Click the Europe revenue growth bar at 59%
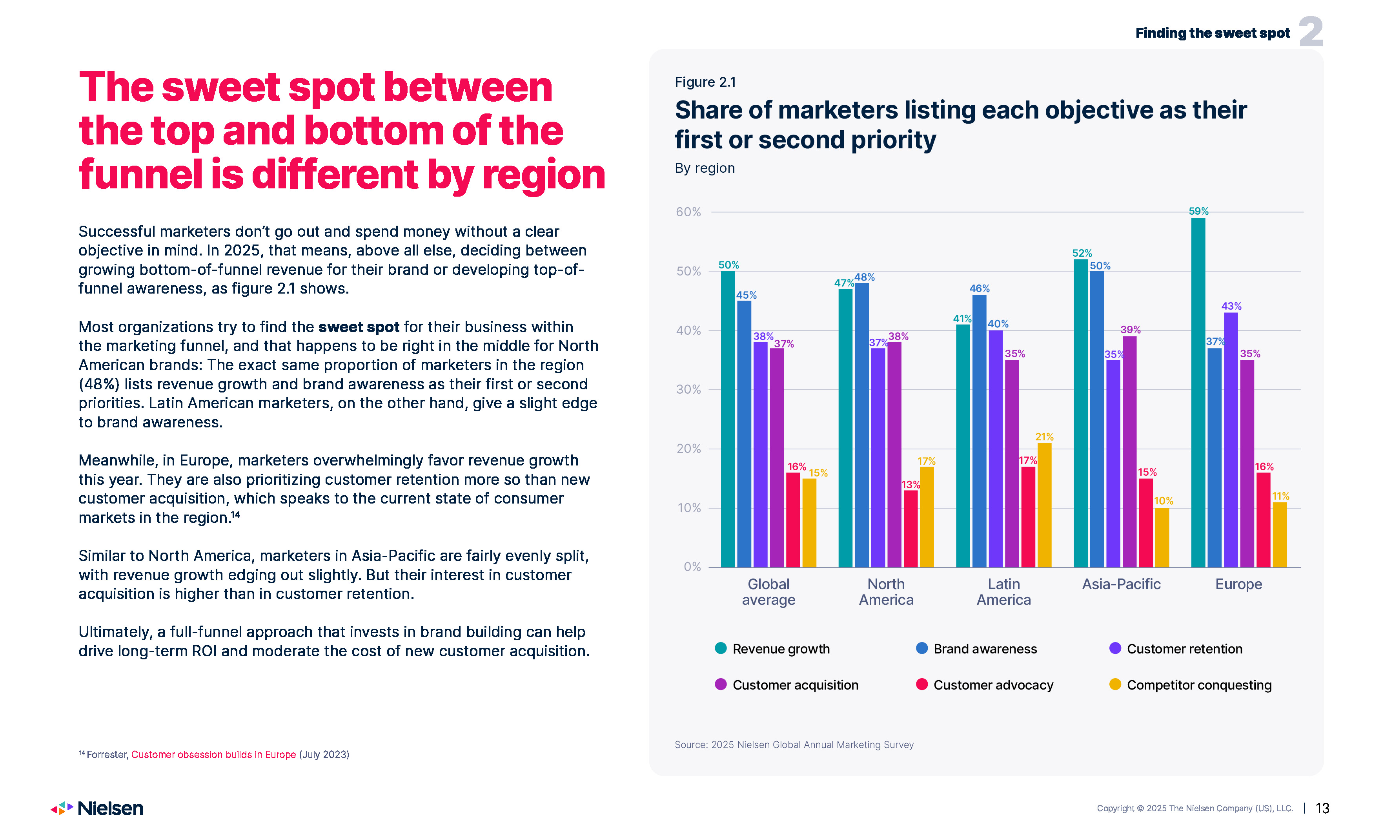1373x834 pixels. [x=1198, y=392]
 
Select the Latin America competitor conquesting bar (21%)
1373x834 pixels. [x=1044, y=505]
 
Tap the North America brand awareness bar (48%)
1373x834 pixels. [x=861, y=425]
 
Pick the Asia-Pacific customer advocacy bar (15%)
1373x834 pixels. [x=1145, y=523]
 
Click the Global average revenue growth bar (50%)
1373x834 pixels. [x=728, y=419]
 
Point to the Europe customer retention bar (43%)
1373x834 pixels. [x=1230, y=440]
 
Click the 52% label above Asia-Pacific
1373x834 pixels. [x=1082, y=253]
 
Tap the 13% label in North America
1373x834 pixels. [x=910, y=484]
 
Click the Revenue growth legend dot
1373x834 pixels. [x=721, y=648]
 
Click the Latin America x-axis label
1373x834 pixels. [x=1003, y=591]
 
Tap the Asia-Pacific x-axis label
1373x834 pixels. [x=1121, y=584]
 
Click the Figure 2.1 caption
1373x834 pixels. [x=705, y=82]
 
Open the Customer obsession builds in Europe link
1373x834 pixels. [x=213, y=754]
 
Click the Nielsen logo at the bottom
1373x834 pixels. [x=98, y=808]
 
